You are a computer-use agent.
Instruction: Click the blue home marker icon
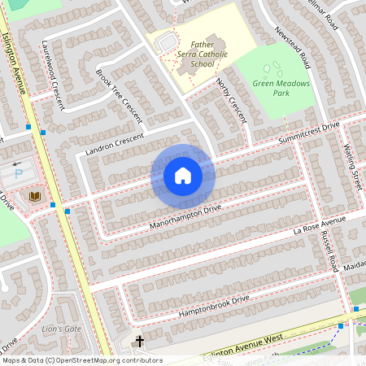183,175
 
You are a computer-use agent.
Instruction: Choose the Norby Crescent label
232,100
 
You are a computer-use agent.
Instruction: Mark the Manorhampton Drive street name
185,216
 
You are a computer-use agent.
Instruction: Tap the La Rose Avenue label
320,228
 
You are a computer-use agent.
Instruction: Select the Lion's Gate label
62,329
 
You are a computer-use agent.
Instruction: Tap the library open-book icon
34,197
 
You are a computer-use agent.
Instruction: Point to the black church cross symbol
139,341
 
